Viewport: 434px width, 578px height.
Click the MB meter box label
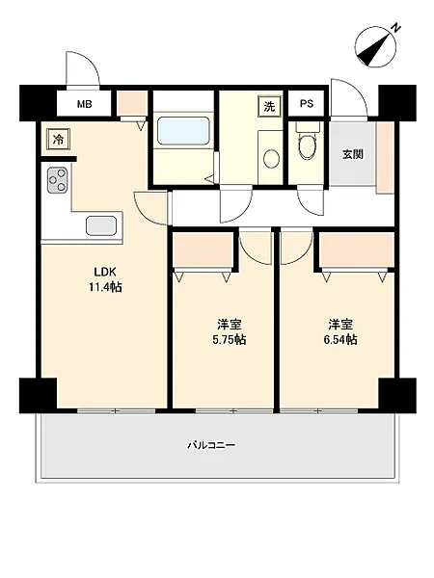(84, 104)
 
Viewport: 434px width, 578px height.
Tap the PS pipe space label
(307, 104)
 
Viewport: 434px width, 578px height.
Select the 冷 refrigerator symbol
(58, 139)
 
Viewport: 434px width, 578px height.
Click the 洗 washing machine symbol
(269, 107)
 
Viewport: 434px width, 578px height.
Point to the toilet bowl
(307, 143)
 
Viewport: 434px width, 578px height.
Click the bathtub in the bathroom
(183, 132)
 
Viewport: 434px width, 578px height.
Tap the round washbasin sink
(271, 158)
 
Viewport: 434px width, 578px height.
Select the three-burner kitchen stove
(57, 180)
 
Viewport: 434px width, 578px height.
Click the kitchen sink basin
(101, 224)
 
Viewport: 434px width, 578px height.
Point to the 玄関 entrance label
(352, 154)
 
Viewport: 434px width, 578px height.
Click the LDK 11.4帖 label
(105, 279)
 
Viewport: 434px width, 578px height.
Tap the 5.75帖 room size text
(229, 339)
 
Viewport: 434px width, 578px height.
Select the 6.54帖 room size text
(340, 339)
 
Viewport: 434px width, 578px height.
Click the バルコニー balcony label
(211, 445)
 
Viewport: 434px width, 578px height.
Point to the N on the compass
(395, 28)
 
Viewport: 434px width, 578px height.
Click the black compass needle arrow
(374, 49)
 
